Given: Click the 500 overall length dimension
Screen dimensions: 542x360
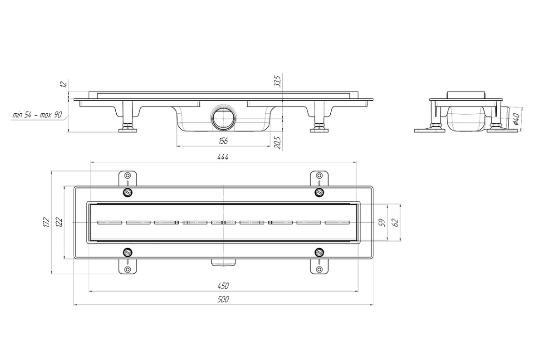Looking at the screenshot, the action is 223,300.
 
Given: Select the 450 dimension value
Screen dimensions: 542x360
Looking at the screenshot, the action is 223,286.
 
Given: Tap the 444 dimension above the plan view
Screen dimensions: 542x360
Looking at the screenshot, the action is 223,157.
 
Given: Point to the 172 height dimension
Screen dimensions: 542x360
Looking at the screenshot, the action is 47,222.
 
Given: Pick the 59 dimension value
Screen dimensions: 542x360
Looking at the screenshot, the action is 382,223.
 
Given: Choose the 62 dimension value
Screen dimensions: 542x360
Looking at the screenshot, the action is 396,223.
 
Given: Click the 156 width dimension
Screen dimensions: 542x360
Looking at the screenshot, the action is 223,141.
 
